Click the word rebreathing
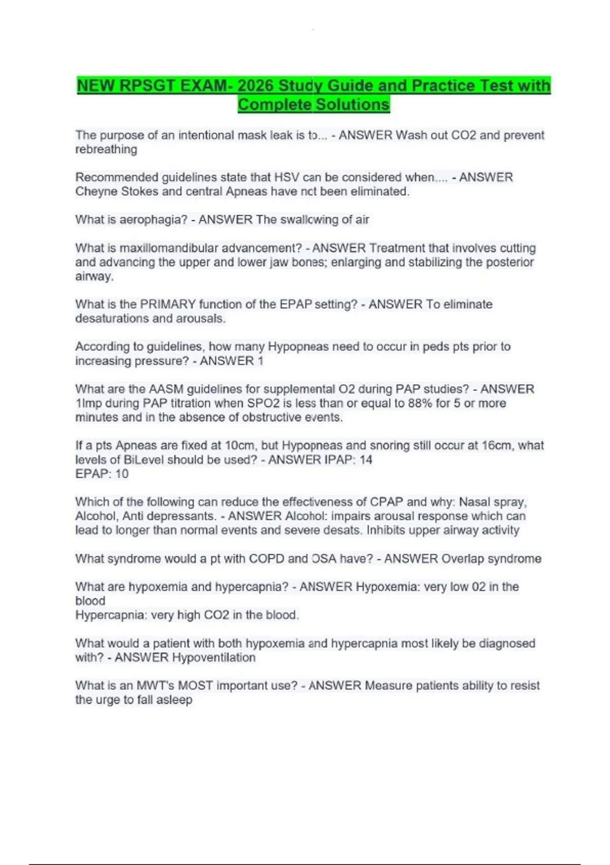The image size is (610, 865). coord(106,150)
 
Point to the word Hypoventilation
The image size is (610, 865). coord(213,657)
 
